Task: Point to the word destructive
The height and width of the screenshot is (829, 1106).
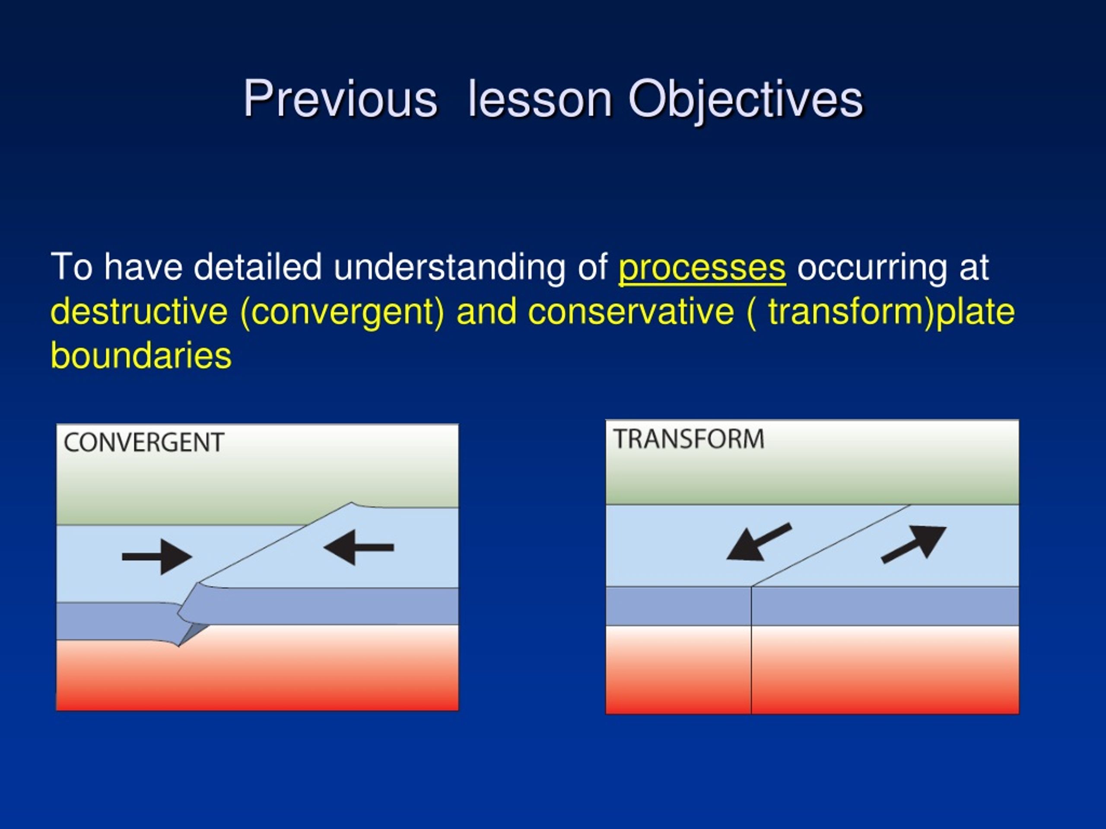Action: [x=140, y=312]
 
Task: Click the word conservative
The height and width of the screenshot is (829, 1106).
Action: [x=631, y=312]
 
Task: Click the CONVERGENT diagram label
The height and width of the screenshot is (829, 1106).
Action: [x=144, y=443]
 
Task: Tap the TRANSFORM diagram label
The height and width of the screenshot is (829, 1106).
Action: [x=689, y=439]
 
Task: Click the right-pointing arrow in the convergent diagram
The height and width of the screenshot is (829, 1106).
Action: [x=157, y=557]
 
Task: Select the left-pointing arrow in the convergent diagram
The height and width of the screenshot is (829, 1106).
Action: [x=359, y=547]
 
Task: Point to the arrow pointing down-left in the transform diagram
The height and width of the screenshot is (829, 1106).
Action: [x=759, y=543]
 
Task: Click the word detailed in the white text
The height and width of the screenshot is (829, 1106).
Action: [x=257, y=267]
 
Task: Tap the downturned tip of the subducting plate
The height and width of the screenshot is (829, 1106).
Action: [x=178, y=645]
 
